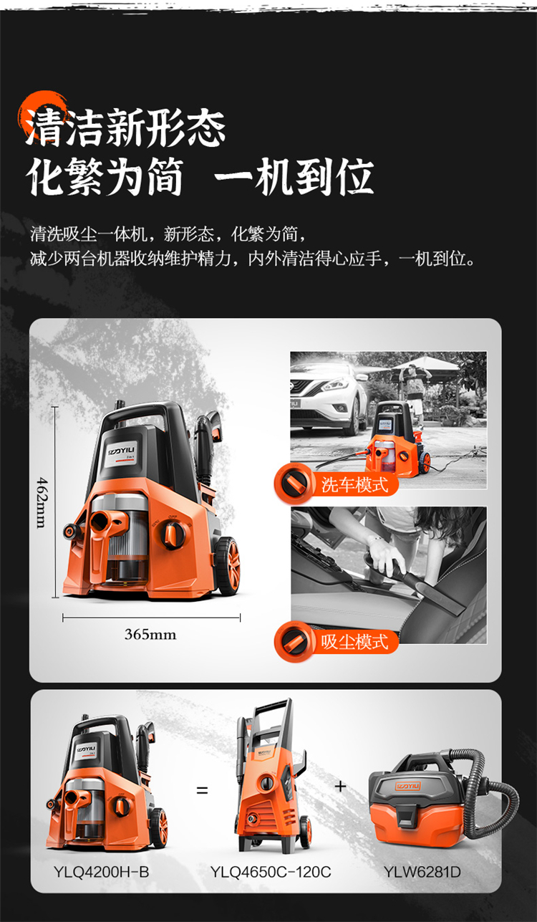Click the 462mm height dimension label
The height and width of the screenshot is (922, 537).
(x=42, y=502)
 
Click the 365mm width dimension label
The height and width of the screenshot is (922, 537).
(x=150, y=634)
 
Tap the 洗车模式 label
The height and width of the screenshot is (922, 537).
(x=354, y=484)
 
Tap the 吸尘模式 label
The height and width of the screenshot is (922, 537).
(x=354, y=641)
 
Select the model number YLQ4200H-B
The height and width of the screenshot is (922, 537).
(x=101, y=872)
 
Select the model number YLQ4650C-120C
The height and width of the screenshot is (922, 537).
(x=271, y=872)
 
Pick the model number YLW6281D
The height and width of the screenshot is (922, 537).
(x=422, y=872)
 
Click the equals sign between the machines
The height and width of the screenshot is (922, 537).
(x=202, y=790)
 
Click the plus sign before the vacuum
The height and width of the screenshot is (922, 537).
(x=340, y=786)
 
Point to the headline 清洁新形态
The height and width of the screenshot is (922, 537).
(x=125, y=127)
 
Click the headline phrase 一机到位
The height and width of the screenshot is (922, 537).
(x=294, y=177)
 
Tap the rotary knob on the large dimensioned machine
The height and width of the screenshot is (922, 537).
(x=173, y=534)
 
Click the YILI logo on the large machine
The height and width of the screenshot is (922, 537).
(x=122, y=451)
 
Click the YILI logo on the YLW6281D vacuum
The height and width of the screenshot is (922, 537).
(x=407, y=786)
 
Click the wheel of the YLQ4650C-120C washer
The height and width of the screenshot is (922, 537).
(x=305, y=832)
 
